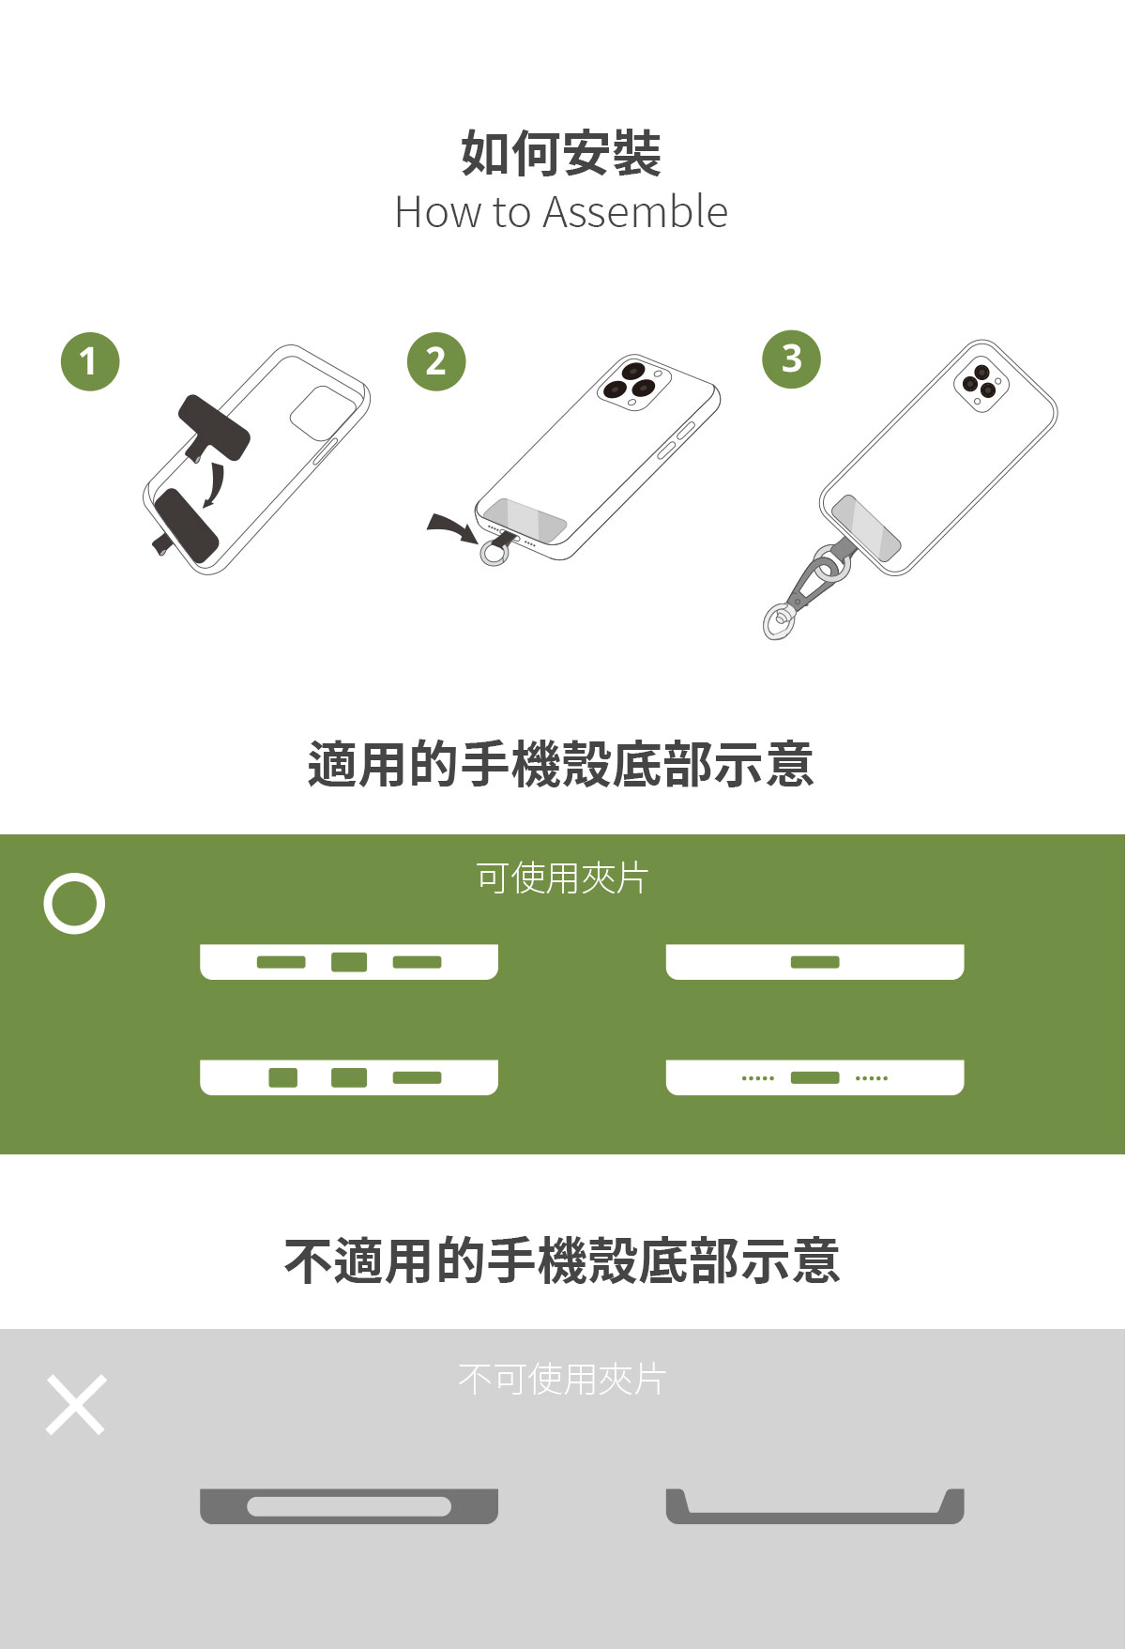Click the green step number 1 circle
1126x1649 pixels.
click(x=90, y=361)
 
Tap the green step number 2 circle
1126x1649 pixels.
click(x=436, y=361)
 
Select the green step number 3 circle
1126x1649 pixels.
click(x=791, y=359)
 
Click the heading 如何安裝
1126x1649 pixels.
click(x=561, y=154)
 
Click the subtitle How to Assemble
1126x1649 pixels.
click(x=561, y=212)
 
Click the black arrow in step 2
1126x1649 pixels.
click(x=452, y=527)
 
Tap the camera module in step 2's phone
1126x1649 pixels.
click(x=633, y=382)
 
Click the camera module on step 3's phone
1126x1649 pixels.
click(x=981, y=384)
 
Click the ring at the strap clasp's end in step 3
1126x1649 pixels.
click(x=778, y=621)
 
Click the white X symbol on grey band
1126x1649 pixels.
click(x=76, y=1405)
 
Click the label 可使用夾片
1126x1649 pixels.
click(x=562, y=878)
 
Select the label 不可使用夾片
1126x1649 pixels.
click(x=562, y=1380)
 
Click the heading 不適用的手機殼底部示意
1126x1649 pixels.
click(x=561, y=1260)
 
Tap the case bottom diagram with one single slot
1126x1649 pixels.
click(x=814, y=962)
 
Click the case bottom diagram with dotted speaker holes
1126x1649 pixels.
click(x=814, y=1077)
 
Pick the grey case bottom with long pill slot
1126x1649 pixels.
click(x=349, y=1505)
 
